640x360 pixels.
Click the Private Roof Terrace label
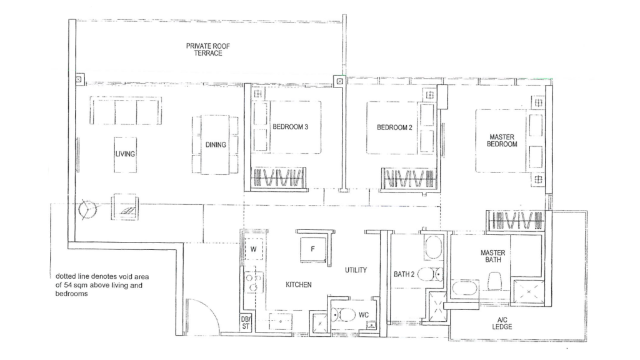[x=204, y=49]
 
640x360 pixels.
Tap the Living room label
[x=125, y=154]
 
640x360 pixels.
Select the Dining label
[x=216, y=145]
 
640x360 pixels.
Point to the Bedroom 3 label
[x=290, y=127]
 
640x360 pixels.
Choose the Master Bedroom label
[x=502, y=140]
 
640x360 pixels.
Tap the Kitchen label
[x=299, y=285]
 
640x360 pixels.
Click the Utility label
[x=356, y=270]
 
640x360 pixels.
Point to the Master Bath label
[x=492, y=256]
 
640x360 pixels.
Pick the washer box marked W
[x=254, y=249]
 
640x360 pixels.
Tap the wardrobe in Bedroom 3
[x=279, y=178]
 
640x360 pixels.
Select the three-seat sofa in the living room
[x=126, y=111]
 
